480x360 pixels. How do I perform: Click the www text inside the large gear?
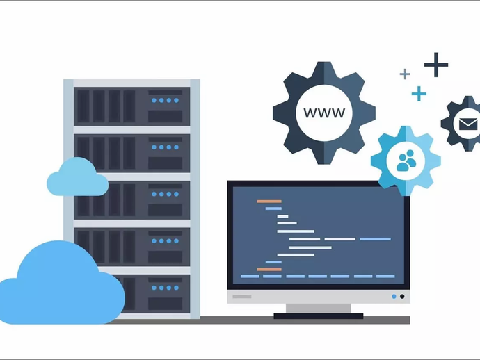coord(324,113)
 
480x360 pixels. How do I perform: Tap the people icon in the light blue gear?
coord(406,161)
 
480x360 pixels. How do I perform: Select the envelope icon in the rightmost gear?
coord(464,124)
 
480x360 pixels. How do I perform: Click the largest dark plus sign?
coord(436,65)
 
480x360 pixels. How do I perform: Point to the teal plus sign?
coord(418,93)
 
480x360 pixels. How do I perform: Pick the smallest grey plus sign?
coord(405,74)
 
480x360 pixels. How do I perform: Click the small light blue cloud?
coord(77,178)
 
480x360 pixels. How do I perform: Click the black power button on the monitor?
coord(401,297)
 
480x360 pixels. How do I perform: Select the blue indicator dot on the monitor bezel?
coord(394,297)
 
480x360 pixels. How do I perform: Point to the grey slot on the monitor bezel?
coord(241,297)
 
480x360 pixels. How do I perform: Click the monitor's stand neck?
coord(318,308)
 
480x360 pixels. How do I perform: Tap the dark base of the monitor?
coord(318,316)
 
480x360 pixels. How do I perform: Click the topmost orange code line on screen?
coord(269,202)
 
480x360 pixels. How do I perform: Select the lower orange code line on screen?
coord(269,269)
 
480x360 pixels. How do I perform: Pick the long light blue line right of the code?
coord(375,239)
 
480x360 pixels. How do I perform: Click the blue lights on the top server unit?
coord(166,100)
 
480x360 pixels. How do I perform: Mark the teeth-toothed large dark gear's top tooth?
coord(324,69)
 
